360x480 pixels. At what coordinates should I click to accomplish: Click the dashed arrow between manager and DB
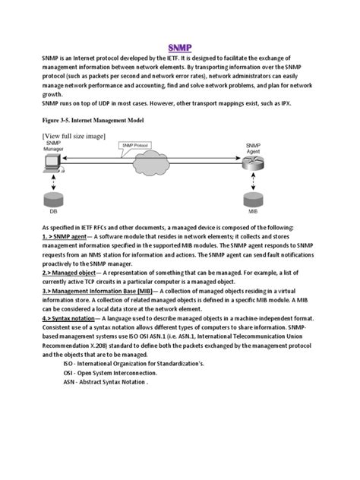pyautogui.click(x=50, y=183)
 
